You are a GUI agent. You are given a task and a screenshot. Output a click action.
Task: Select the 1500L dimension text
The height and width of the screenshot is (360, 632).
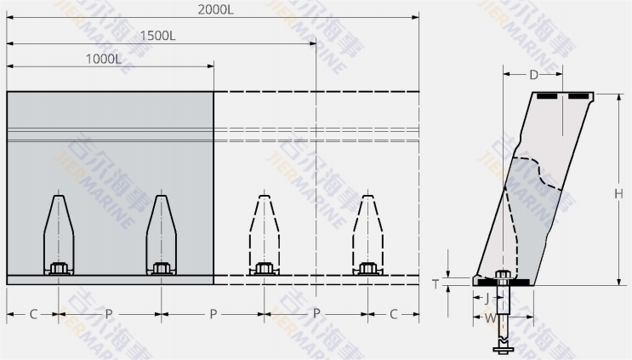pyautogui.click(x=159, y=35)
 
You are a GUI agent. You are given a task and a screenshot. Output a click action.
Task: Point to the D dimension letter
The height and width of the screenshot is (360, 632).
pyautogui.click(x=533, y=75)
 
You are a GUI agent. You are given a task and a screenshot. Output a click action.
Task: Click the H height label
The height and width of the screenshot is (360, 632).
pyautogui.click(x=618, y=193)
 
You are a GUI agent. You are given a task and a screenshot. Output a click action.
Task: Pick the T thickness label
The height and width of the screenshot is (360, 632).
pyautogui.click(x=435, y=284)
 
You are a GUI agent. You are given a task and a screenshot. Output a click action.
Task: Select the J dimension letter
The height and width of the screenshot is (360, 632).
pyautogui.click(x=486, y=299)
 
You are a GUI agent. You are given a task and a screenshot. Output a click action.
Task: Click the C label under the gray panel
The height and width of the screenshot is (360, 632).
pyautogui.click(x=33, y=314)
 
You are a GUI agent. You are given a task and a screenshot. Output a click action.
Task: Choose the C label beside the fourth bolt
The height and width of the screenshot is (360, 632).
pyautogui.click(x=393, y=314)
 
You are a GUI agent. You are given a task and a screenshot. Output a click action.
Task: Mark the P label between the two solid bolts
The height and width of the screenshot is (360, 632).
pyautogui.click(x=109, y=314)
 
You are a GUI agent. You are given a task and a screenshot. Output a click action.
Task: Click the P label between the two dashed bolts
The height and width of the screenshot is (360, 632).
pyautogui.click(x=316, y=314)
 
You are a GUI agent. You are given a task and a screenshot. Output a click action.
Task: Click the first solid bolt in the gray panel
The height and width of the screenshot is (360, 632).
pyautogui.click(x=58, y=268)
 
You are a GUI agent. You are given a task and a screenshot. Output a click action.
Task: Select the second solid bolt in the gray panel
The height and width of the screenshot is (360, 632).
pyautogui.click(x=161, y=268)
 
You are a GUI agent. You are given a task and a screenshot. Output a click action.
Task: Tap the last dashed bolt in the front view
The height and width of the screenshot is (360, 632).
pyautogui.click(x=367, y=268)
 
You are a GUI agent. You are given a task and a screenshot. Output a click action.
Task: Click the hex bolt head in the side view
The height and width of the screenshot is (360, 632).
pyautogui.click(x=504, y=275)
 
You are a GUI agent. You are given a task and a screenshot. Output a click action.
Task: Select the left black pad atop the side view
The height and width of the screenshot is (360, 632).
pyautogui.click(x=547, y=96)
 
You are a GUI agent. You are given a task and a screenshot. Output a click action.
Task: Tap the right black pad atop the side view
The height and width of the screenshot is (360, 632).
pyautogui.click(x=580, y=96)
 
